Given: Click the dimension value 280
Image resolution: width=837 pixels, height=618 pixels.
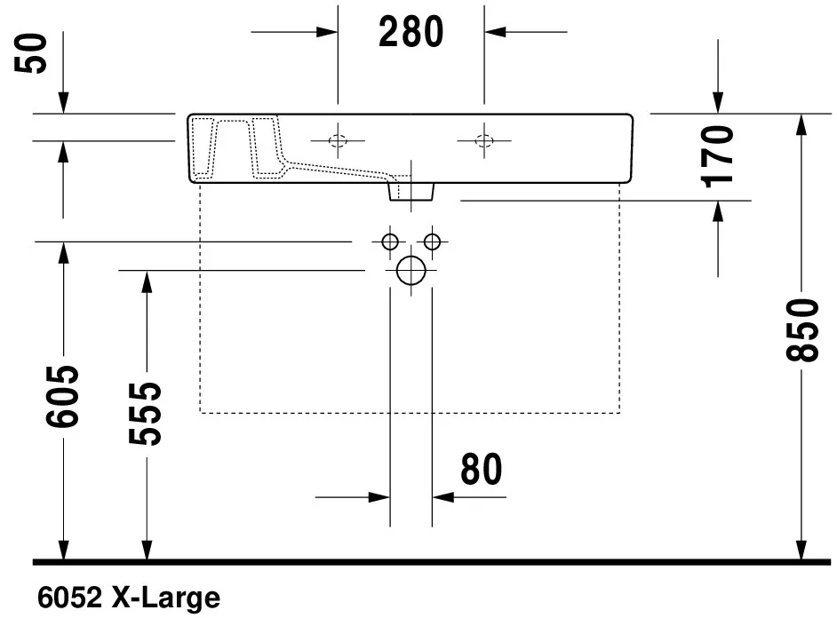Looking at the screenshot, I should [411, 32].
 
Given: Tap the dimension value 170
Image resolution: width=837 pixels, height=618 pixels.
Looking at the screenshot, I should [718, 155].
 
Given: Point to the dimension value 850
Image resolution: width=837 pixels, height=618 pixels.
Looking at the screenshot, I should [802, 330].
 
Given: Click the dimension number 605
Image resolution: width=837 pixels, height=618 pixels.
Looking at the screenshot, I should [64, 396].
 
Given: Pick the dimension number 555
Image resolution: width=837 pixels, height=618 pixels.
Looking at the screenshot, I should [145, 414].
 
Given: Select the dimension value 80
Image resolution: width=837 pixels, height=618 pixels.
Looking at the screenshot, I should [481, 470].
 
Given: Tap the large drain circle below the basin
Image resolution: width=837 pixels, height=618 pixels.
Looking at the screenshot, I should [411, 270].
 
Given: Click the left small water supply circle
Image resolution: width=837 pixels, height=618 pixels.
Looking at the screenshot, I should [389, 242].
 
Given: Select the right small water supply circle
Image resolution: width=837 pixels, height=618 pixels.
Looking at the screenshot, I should [433, 242].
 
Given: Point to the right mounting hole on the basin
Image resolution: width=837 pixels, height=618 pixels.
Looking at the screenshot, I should [484, 140].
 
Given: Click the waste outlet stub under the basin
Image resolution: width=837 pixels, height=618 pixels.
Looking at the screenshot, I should [411, 190].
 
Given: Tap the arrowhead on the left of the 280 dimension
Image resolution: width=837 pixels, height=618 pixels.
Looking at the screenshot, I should [327, 31].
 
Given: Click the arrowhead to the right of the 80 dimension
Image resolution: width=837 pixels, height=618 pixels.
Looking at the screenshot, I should [442, 497].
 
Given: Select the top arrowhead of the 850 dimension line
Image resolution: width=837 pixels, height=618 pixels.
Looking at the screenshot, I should [802, 125].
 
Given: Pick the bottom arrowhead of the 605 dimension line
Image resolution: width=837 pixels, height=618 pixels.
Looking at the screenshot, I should [64, 551].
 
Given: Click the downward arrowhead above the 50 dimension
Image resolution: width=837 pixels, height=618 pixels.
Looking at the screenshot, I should [64, 104].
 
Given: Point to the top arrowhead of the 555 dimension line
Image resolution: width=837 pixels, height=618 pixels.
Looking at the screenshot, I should [145, 281].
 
